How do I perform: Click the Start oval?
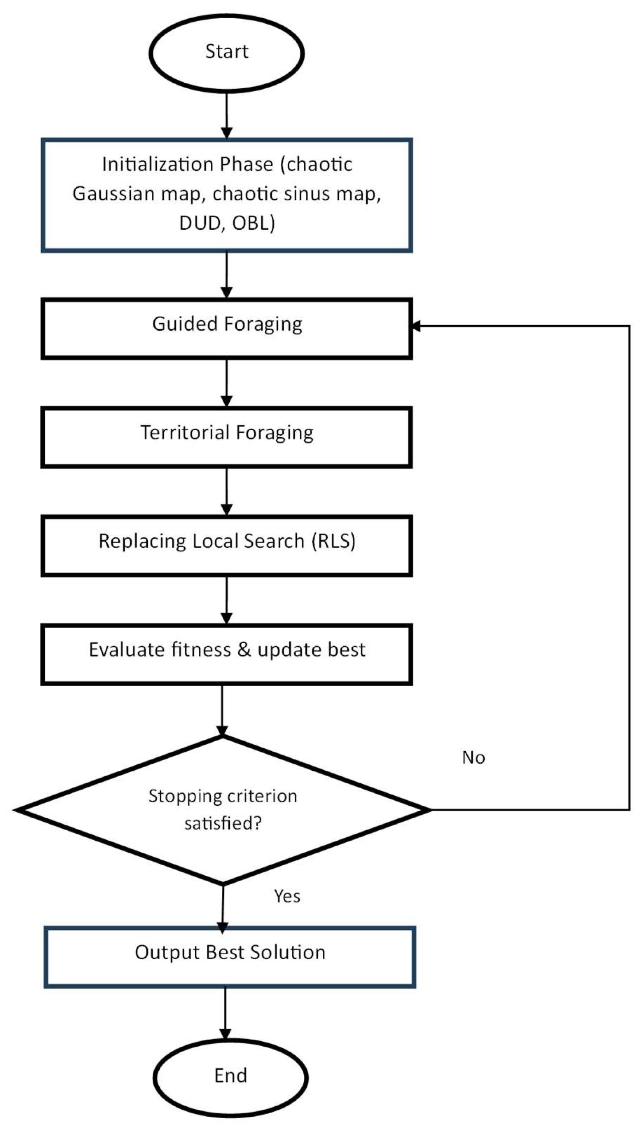[226, 53]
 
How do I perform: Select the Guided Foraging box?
[226, 329]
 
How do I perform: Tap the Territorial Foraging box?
[226, 437]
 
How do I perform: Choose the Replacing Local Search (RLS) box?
[226, 545]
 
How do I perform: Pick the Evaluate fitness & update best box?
[226, 654]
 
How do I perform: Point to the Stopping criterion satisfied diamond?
[223, 810]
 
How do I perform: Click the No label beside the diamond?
[473, 758]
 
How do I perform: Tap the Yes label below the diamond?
[287, 896]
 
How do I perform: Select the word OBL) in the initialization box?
[254, 223]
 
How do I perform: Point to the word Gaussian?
[114, 194]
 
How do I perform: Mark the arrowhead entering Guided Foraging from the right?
[416, 327]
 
